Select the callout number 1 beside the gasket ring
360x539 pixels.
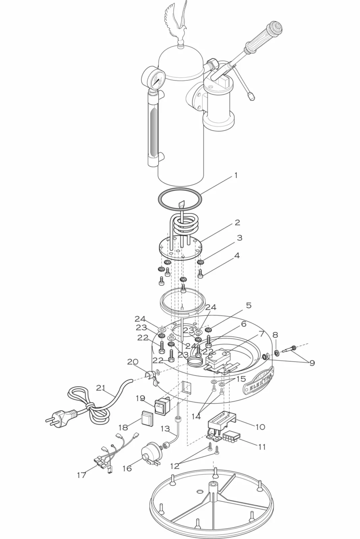(x=236, y=176)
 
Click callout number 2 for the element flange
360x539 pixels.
(x=237, y=222)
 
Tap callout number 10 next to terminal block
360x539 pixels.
(x=260, y=427)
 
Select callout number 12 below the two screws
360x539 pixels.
(x=175, y=466)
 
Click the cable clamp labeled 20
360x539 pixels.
(x=151, y=377)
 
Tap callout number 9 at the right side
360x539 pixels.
(x=312, y=363)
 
